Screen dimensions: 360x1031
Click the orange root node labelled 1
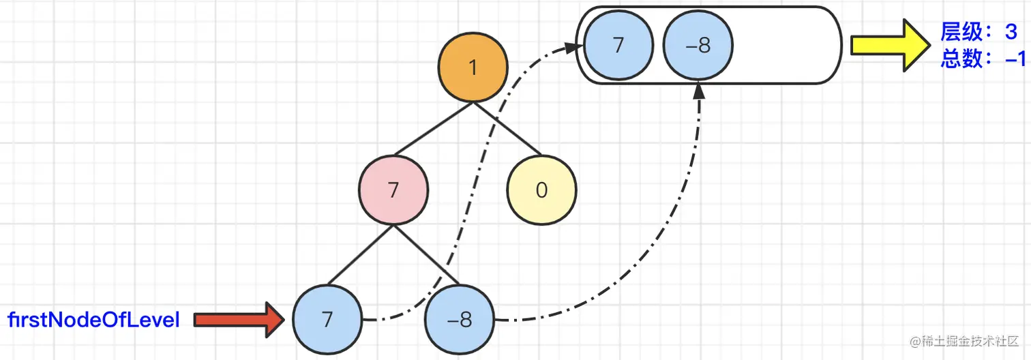pos(473,68)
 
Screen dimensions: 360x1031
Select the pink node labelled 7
pos(393,190)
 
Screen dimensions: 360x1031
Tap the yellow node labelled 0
pos(541,190)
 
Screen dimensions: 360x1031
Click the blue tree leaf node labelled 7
pos(327,320)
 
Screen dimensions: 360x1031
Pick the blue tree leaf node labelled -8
pos(460,320)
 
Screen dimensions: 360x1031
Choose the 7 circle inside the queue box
pos(618,46)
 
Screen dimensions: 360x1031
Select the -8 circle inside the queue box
pos(698,46)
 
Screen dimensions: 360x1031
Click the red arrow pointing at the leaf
pos(239,319)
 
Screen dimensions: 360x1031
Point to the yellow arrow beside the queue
pos(889,46)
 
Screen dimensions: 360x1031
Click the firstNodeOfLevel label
pos(94,319)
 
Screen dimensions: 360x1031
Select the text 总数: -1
pos(983,59)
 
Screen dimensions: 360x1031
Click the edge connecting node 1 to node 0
pos(507,129)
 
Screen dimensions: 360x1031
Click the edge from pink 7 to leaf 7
pos(360,255)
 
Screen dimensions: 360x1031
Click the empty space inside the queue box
pos(784,46)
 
